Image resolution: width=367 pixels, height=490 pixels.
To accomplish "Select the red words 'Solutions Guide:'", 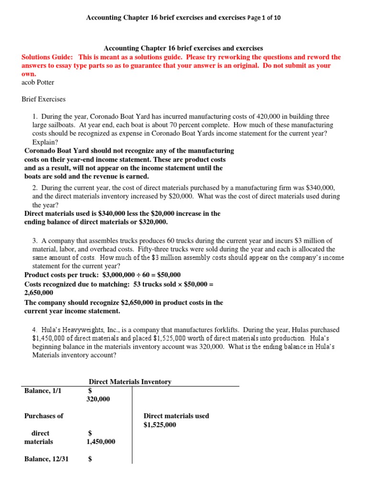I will pos(47,57).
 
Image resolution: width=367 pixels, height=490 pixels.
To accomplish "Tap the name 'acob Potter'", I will pos(38,82).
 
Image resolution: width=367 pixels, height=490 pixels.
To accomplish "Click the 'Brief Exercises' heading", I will pos(43,100).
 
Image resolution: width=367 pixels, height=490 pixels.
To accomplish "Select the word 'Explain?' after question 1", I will pos(44,142).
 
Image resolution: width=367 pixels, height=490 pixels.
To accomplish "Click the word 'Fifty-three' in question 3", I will pos(153,249).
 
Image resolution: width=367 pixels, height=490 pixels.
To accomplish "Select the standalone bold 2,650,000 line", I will pos(39,292).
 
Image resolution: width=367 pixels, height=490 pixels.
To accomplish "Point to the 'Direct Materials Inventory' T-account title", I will pos(130,381).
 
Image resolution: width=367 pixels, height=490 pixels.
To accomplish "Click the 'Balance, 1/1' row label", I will pos(43,390).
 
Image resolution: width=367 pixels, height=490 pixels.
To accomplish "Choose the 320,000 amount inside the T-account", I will pos(98,399).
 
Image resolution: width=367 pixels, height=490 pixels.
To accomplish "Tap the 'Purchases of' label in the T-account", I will pos(43,416).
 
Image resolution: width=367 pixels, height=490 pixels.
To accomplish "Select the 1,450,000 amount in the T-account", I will pos(100,442).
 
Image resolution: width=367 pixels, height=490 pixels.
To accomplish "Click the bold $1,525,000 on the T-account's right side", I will pos(160,424).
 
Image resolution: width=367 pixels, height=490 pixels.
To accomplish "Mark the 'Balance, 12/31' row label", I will pos(46,459).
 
